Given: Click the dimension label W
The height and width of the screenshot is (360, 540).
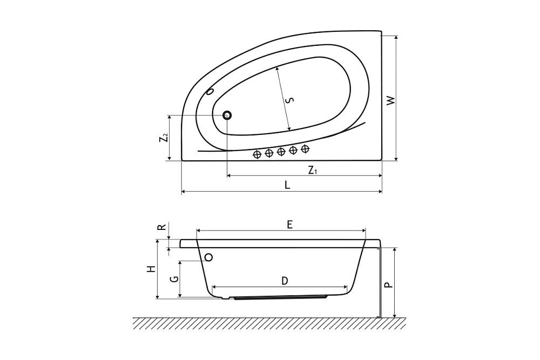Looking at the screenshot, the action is [391, 100].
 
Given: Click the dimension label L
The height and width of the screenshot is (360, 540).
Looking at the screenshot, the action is [287, 185].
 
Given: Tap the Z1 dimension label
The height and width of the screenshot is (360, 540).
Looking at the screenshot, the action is [312, 170].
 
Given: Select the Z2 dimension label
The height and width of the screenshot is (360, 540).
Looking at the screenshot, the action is [164, 138].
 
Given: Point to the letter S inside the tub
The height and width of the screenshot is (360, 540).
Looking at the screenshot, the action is [291, 100].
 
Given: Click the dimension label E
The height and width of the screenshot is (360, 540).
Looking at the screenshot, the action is [289, 225].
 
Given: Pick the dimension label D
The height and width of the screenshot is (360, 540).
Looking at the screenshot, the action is [285, 281].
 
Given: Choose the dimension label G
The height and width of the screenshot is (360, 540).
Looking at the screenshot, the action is [175, 279].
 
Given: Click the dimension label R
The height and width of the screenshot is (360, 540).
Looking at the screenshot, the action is [162, 227].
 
